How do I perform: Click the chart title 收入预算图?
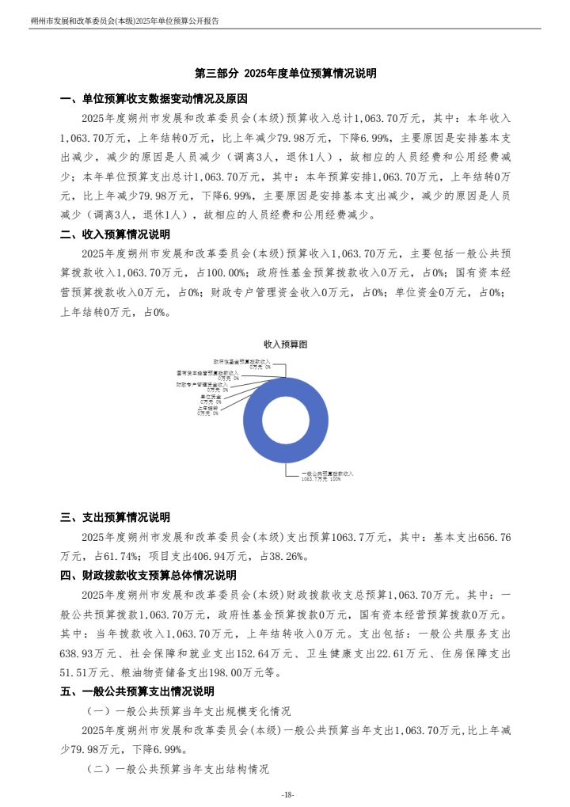click(x=285, y=344)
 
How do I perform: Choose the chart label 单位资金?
click(x=211, y=397)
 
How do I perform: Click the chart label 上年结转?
click(x=209, y=409)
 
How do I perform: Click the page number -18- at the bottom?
click(x=287, y=794)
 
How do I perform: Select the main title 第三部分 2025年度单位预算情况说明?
click(x=285, y=74)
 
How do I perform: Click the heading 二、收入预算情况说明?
click(x=115, y=234)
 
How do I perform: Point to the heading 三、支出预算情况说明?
click(x=115, y=518)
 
